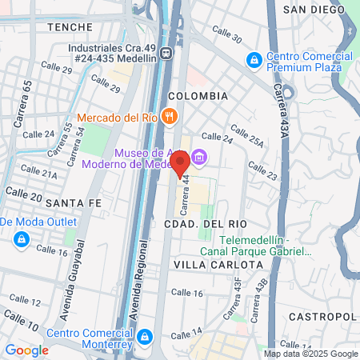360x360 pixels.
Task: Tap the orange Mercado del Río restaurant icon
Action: [168, 116]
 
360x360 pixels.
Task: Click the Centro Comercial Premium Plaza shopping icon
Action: [254, 59]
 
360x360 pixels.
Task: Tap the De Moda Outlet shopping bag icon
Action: [21, 238]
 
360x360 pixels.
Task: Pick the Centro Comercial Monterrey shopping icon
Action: [144, 334]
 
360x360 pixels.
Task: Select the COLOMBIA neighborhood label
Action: [198, 96]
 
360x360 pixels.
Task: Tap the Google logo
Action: [26, 350]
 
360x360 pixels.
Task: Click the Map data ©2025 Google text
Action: [311, 354]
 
